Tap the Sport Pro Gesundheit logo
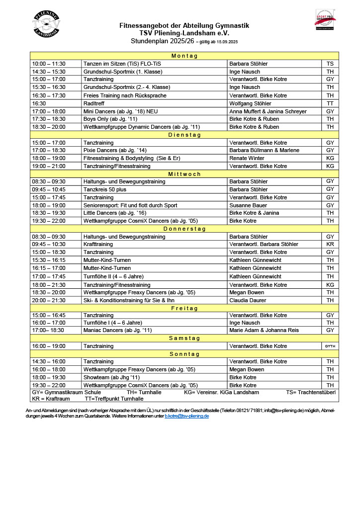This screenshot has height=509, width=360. point(326,20)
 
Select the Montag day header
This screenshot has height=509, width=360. point(184,56)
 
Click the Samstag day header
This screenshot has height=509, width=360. point(184,338)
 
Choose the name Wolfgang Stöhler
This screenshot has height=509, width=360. point(250,103)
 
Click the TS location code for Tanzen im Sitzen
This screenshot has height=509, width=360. point(330,64)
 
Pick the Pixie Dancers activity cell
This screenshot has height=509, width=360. point(115,150)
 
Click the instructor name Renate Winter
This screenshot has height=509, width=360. point(247,158)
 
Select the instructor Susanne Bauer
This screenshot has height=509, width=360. point(248,205)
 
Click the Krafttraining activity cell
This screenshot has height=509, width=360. point(98,244)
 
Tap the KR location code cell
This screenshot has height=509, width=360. point(330,244)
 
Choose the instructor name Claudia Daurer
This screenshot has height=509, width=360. point(248,300)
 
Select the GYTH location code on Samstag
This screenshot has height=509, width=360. point(330,346)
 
